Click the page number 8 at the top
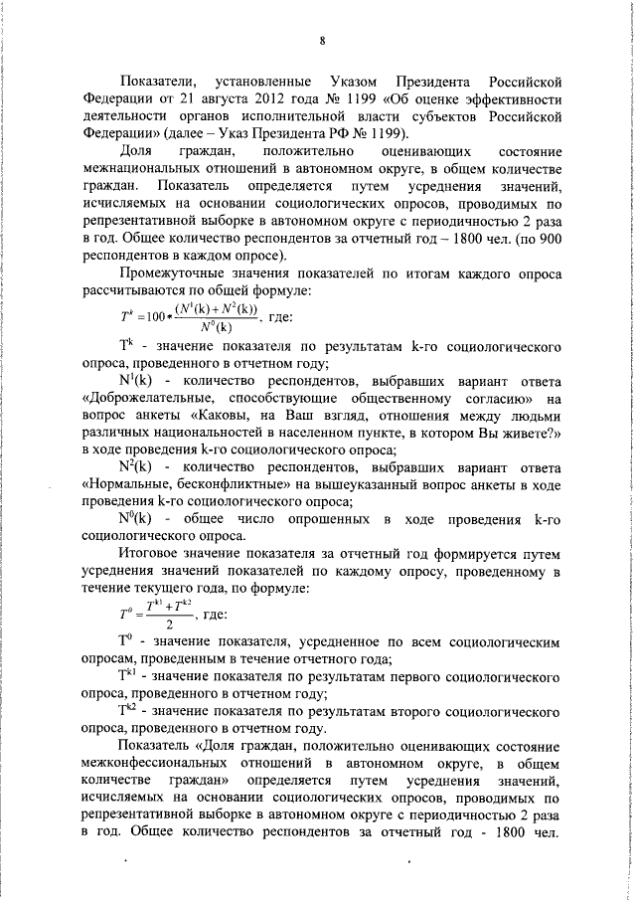323,41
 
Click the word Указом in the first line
348,80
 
